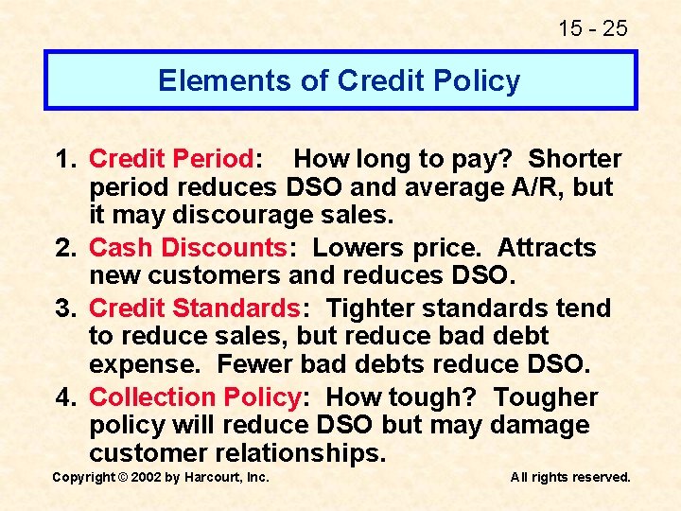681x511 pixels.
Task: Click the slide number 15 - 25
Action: coord(592,28)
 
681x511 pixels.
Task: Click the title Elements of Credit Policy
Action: coord(339,80)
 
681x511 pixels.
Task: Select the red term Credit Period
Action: coord(171,159)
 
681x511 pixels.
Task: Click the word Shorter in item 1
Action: coord(575,159)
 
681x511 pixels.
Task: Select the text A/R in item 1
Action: coord(539,187)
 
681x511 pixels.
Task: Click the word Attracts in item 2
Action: coord(547,248)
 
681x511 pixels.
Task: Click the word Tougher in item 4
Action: coord(546,397)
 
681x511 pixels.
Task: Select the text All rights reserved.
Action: coord(570,477)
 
